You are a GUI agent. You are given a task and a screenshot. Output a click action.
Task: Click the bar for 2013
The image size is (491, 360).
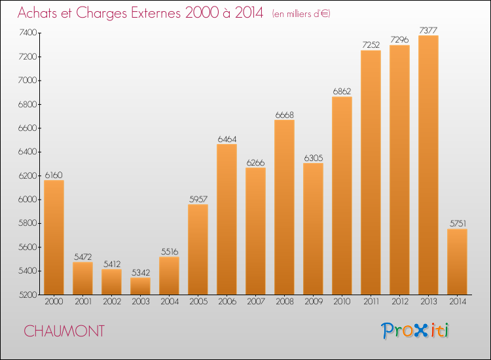click(x=428, y=165)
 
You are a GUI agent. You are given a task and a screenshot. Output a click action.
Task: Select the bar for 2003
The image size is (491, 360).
click(x=140, y=286)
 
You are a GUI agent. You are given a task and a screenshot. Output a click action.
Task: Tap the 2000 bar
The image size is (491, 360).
click(x=54, y=238)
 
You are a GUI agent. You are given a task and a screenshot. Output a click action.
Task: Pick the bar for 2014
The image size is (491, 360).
click(x=457, y=262)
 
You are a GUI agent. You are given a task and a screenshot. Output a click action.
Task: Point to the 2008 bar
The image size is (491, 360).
click(x=284, y=207)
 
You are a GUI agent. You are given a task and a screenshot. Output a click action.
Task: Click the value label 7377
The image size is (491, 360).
click(x=428, y=30)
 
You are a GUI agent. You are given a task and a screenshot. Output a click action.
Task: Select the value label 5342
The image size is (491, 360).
click(x=141, y=272)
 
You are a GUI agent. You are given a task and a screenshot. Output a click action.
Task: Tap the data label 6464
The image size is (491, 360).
click(x=227, y=139)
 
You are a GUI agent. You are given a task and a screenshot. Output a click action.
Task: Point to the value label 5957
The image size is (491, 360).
click(x=198, y=199)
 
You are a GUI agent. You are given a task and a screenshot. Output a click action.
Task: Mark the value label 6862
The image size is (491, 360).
click(x=342, y=92)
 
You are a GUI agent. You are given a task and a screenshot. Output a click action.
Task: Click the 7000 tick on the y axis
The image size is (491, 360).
click(x=28, y=81)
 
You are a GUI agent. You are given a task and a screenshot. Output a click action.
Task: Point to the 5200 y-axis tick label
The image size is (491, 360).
click(x=28, y=295)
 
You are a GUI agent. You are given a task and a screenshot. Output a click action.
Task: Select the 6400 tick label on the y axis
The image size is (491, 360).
click(x=28, y=152)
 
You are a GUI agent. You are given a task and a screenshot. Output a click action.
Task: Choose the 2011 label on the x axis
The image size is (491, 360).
click(x=371, y=302)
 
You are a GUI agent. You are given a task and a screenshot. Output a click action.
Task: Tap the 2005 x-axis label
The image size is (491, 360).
click(x=198, y=302)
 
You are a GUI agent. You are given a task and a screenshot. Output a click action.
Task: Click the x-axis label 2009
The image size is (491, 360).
click(x=314, y=302)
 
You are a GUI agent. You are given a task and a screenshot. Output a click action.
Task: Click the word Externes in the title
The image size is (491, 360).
click(x=156, y=13)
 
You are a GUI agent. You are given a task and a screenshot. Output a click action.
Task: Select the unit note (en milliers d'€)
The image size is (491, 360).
click(x=301, y=14)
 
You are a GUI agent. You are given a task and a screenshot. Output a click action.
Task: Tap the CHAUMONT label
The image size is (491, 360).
click(x=64, y=331)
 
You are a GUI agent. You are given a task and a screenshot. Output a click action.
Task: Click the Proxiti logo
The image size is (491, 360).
click(x=415, y=331)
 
